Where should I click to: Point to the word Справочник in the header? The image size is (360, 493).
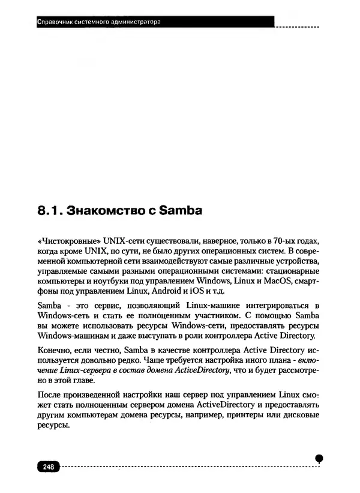coord(55,23)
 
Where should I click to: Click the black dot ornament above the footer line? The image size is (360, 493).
coord(320,457)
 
